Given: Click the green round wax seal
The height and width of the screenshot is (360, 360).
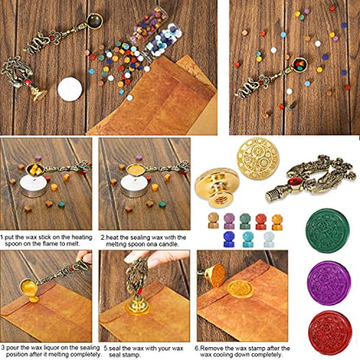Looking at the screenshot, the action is point(327,231).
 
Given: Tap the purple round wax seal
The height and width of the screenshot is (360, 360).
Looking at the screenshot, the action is point(329,283).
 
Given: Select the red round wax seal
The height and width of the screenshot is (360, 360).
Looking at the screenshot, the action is point(330,332).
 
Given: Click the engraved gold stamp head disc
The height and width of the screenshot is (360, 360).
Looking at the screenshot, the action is point(258,158).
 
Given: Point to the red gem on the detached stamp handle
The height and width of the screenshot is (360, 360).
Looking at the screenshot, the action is point(296,182).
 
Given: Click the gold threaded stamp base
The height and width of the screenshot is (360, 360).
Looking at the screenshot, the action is point(216,188).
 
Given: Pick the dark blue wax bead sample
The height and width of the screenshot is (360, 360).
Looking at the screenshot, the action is point(229,239).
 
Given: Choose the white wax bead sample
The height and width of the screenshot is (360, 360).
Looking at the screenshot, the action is point(269,239).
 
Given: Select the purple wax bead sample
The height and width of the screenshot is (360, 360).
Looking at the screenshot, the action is point(229,222).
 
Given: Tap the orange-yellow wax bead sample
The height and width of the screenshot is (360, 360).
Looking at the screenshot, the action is point(277,222).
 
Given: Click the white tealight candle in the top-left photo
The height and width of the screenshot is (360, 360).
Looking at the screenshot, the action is point(70,89).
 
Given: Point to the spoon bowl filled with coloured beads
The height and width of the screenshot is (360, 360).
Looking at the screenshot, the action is point(299,65).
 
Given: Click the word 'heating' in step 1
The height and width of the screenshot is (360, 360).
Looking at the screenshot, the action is point(82,237).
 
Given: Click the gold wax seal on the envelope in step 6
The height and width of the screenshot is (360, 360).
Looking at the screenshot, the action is point(240,289).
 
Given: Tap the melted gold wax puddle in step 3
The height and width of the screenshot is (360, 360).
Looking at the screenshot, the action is point(34,299).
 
